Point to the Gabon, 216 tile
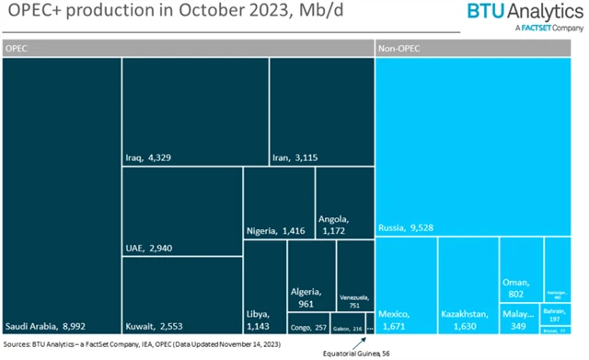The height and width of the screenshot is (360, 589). [351, 327]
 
